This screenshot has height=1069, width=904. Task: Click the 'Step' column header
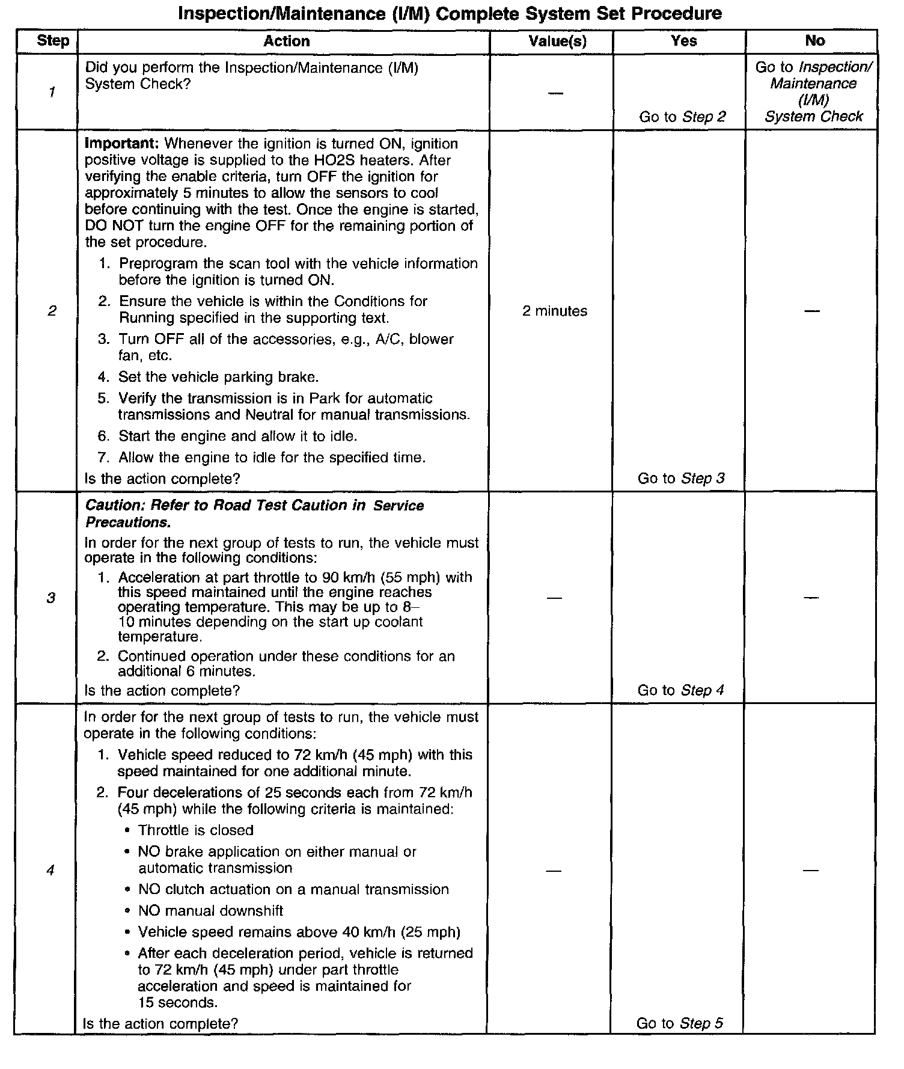tap(53, 41)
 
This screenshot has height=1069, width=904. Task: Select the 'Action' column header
tap(287, 41)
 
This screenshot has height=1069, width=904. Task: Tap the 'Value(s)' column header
tap(557, 41)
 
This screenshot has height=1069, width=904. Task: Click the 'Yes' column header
tap(684, 41)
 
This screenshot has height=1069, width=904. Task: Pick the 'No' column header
tap(814, 41)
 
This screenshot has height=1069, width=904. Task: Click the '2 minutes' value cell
tap(555, 311)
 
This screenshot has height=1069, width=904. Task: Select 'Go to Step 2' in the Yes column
tap(682, 117)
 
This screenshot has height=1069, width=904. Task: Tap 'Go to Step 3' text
tap(681, 479)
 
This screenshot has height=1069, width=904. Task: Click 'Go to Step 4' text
tap(680, 690)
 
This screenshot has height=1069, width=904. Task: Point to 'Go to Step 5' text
tap(680, 1023)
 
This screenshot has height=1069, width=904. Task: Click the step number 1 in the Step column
tap(52, 92)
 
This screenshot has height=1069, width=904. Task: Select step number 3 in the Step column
tap(51, 598)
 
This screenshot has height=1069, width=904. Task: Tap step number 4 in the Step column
tap(50, 870)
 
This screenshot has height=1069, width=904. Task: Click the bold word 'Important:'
tap(122, 144)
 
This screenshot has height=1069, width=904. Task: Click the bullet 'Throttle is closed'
tap(195, 830)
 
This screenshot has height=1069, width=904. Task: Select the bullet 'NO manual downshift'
tap(210, 911)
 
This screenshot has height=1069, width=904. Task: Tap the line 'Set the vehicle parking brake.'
tap(218, 377)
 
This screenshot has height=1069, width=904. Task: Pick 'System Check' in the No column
tap(813, 116)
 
